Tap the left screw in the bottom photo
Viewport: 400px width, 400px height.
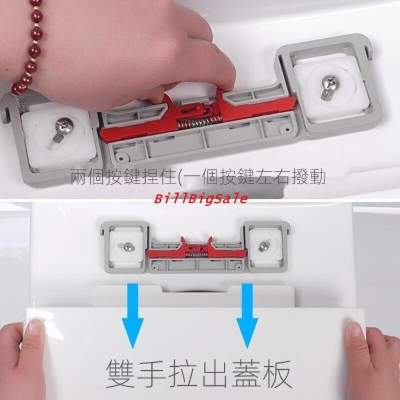click(127, 247)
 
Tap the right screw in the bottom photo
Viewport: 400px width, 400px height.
click(263, 247)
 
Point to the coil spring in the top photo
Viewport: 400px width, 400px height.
click(199, 121)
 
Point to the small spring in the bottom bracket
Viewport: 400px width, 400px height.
click(196, 254)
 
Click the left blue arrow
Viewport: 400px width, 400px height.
click(133, 316)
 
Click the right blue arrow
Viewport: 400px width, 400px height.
click(247, 316)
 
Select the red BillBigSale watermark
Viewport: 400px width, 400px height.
click(201, 198)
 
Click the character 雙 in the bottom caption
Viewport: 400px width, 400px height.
click(120, 374)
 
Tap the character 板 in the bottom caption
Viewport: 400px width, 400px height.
click(277, 374)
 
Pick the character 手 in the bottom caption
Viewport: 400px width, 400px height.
click(152, 374)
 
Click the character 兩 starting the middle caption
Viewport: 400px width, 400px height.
click(79, 177)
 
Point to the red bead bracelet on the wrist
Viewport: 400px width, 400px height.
click(30, 46)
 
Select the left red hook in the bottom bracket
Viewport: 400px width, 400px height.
click(183, 242)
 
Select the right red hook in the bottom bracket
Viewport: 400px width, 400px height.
click(209, 242)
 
